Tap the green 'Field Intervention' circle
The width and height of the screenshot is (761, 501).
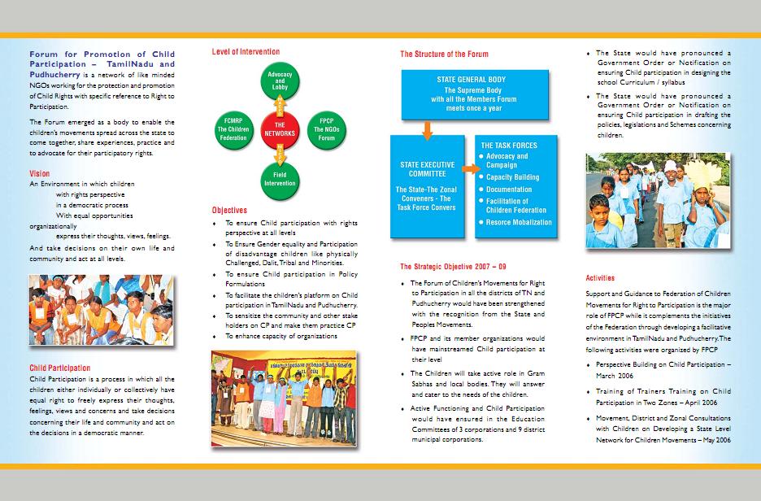pyautogui.click(x=280, y=177)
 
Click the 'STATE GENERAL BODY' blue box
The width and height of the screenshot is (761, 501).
pyautogui.click(x=475, y=93)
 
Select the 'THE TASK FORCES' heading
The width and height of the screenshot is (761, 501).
pyautogui.click(x=509, y=146)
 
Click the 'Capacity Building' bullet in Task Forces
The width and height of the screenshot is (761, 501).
pyautogui.click(x=513, y=177)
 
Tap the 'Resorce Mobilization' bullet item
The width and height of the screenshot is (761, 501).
pyautogui.click(x=519, y=222)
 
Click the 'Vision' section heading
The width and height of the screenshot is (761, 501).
pyautogui.click(x=39, y=174)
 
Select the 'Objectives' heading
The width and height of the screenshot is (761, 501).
pyautogui.click(x=229, y=210)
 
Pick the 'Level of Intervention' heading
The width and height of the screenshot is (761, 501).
pyautogui.click(x=246, y=52)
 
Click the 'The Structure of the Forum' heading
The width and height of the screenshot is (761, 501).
pyautogui.click(x=444, y=54)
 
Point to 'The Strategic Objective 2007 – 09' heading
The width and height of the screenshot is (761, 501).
pyautogui.click(x=452, y=266)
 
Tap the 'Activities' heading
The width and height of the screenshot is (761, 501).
pyautogui.click(x=600, y=278)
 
